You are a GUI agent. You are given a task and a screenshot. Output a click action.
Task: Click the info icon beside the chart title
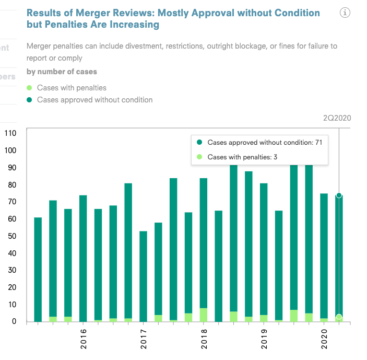(x=345, y=13)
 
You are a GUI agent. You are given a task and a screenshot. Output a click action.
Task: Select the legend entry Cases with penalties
(x=72, y=88)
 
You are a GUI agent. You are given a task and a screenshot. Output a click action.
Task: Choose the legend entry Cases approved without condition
(x=94, y=99)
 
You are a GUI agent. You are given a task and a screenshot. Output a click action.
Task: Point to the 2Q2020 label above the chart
(x=337, y=118)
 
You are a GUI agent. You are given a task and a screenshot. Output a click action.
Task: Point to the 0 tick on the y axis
(x=15, y=322)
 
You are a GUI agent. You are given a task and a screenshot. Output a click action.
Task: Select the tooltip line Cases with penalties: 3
(x=242, y=157)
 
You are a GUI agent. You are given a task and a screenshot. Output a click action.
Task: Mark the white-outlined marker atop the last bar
(x=339, y=195)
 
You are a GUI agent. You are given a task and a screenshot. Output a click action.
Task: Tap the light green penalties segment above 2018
(x=203, y=315)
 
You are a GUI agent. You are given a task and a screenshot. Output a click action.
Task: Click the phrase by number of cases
(x=62, y=72)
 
